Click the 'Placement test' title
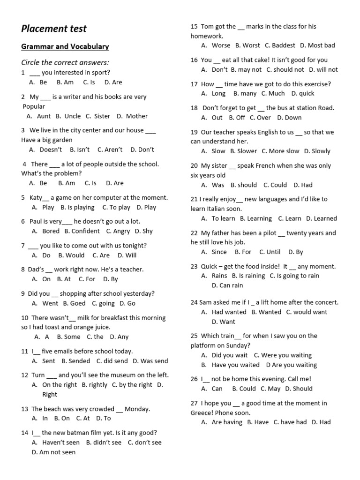54,29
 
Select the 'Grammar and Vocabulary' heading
65,46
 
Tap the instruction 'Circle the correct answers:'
65,62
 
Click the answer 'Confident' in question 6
85,231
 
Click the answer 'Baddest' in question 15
283,45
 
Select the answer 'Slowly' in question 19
321,151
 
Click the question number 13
25,409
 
